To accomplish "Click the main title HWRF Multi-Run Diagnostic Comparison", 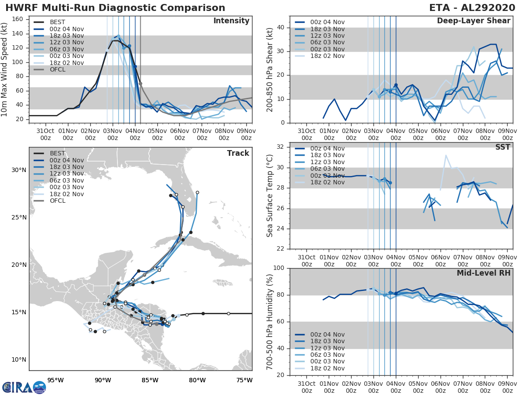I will pos(115,8).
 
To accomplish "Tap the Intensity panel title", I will pos(231,21).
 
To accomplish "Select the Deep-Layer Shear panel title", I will pos(473,21).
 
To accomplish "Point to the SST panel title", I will pos(502,147).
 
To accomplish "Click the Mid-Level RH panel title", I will pos(483,273).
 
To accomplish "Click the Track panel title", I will pos(238,153).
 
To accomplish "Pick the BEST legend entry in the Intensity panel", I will pos(57,22).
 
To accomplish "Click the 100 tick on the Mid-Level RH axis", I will pos(279,268).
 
